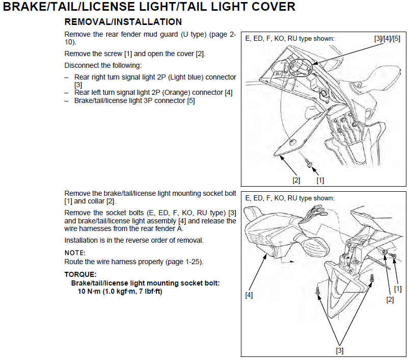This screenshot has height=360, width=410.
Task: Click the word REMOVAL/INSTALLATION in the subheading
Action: click(x=123, y=22)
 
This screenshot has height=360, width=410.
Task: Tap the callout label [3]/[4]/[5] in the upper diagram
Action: click(x=387, y=38)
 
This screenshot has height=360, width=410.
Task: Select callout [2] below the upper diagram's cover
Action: click(x=296, y=180)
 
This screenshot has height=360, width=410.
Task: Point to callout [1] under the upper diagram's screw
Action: click(x=320, y=180)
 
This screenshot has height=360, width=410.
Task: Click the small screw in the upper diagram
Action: click(x=309, y=164)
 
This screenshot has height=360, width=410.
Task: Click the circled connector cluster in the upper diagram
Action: click(x=300, y=67)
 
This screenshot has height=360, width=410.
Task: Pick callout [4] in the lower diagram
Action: click(x=249, y=295)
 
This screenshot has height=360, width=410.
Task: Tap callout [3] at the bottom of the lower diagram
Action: click(x=340, y=350)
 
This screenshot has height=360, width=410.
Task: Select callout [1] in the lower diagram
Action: click(x=398, y=289)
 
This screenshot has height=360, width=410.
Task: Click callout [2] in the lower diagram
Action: click(x=390, y=299)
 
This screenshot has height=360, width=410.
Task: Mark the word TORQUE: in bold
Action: click(x=80, y=274)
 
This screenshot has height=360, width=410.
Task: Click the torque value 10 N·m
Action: click(x=89, y=291)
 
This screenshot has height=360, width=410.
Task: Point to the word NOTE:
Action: click(x=75, y=253)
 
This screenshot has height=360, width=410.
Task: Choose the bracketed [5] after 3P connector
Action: click(x=191, y=100)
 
